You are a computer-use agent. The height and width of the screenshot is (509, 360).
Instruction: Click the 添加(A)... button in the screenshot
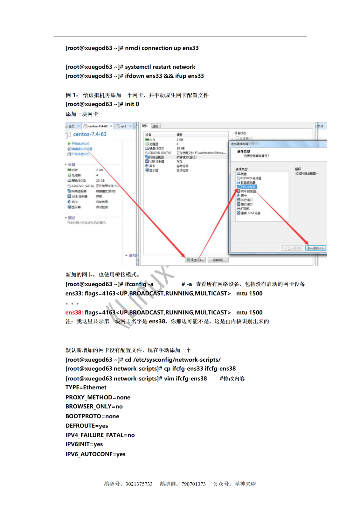196,260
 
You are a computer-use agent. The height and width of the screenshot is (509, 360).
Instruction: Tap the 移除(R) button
218,260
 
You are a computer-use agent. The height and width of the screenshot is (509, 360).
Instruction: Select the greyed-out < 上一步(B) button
292,248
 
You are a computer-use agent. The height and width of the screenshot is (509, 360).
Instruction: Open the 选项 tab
155,126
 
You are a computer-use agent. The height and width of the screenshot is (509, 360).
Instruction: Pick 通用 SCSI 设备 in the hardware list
250,213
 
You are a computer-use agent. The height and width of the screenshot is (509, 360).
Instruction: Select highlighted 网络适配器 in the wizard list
248,187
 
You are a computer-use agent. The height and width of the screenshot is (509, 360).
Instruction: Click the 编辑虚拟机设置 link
82,149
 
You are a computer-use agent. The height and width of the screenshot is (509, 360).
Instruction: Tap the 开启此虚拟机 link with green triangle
80,144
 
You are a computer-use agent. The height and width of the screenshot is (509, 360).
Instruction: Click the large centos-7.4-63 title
90,134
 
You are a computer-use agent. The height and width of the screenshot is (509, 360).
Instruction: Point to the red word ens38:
74,312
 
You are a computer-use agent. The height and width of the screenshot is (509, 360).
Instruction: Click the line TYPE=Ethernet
86,387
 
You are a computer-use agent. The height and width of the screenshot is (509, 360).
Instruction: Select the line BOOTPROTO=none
92,416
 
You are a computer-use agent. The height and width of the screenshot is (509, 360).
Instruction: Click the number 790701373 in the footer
193,484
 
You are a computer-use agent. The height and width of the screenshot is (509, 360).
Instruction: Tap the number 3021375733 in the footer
139,484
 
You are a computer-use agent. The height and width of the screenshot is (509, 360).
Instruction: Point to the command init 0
132,104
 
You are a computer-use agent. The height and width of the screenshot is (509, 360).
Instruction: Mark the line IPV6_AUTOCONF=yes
95,454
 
